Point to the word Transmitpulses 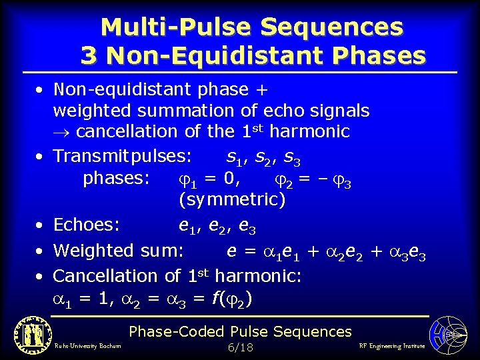point(123,157)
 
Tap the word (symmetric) point(231,199)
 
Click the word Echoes point(87,225)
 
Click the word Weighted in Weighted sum point(95,251)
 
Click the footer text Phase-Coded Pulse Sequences point(240,331)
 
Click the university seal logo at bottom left point(32,333)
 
